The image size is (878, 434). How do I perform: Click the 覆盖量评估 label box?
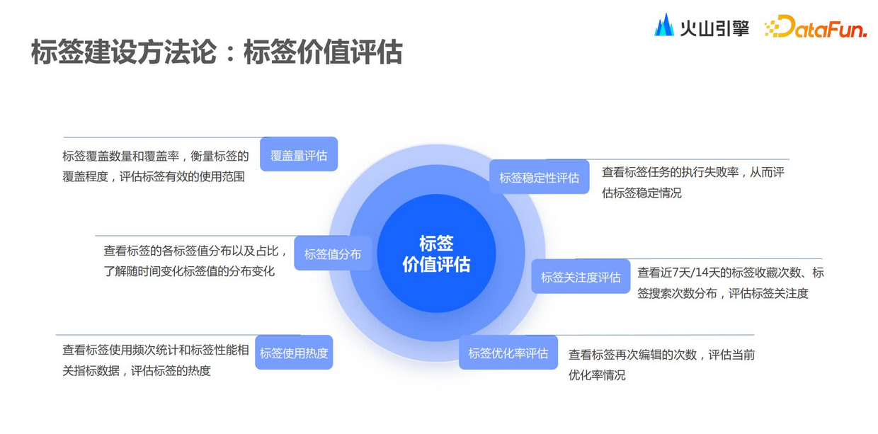[299, 154]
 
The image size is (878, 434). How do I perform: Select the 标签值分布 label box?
[333, 253]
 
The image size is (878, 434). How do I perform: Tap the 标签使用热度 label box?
[294, 353]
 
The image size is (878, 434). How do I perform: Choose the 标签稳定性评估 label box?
[539, 177]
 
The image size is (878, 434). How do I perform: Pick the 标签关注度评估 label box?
[581, 277]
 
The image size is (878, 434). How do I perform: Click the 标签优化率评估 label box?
[508, 353]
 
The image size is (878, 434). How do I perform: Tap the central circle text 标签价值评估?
[436, 253]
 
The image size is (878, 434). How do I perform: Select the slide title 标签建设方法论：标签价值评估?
[216, 52]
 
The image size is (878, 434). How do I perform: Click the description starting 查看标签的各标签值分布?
[195, 261]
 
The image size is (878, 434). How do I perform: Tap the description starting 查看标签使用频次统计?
[156, 360]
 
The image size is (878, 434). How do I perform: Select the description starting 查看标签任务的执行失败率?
[692, 182]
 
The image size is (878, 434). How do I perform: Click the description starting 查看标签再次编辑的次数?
[661, 365]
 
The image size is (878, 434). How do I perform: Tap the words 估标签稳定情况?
[642, 193]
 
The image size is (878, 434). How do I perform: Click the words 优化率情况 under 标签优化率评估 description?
[597, 375]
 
